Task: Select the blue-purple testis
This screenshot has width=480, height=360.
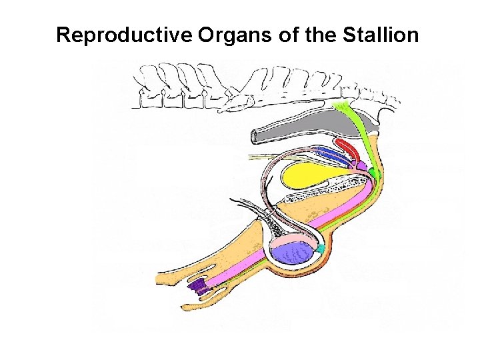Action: tap(292, 254)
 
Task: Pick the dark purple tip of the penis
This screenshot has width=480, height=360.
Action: tap(197, 287)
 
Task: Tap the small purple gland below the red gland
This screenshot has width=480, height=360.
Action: tap(361, 164)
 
